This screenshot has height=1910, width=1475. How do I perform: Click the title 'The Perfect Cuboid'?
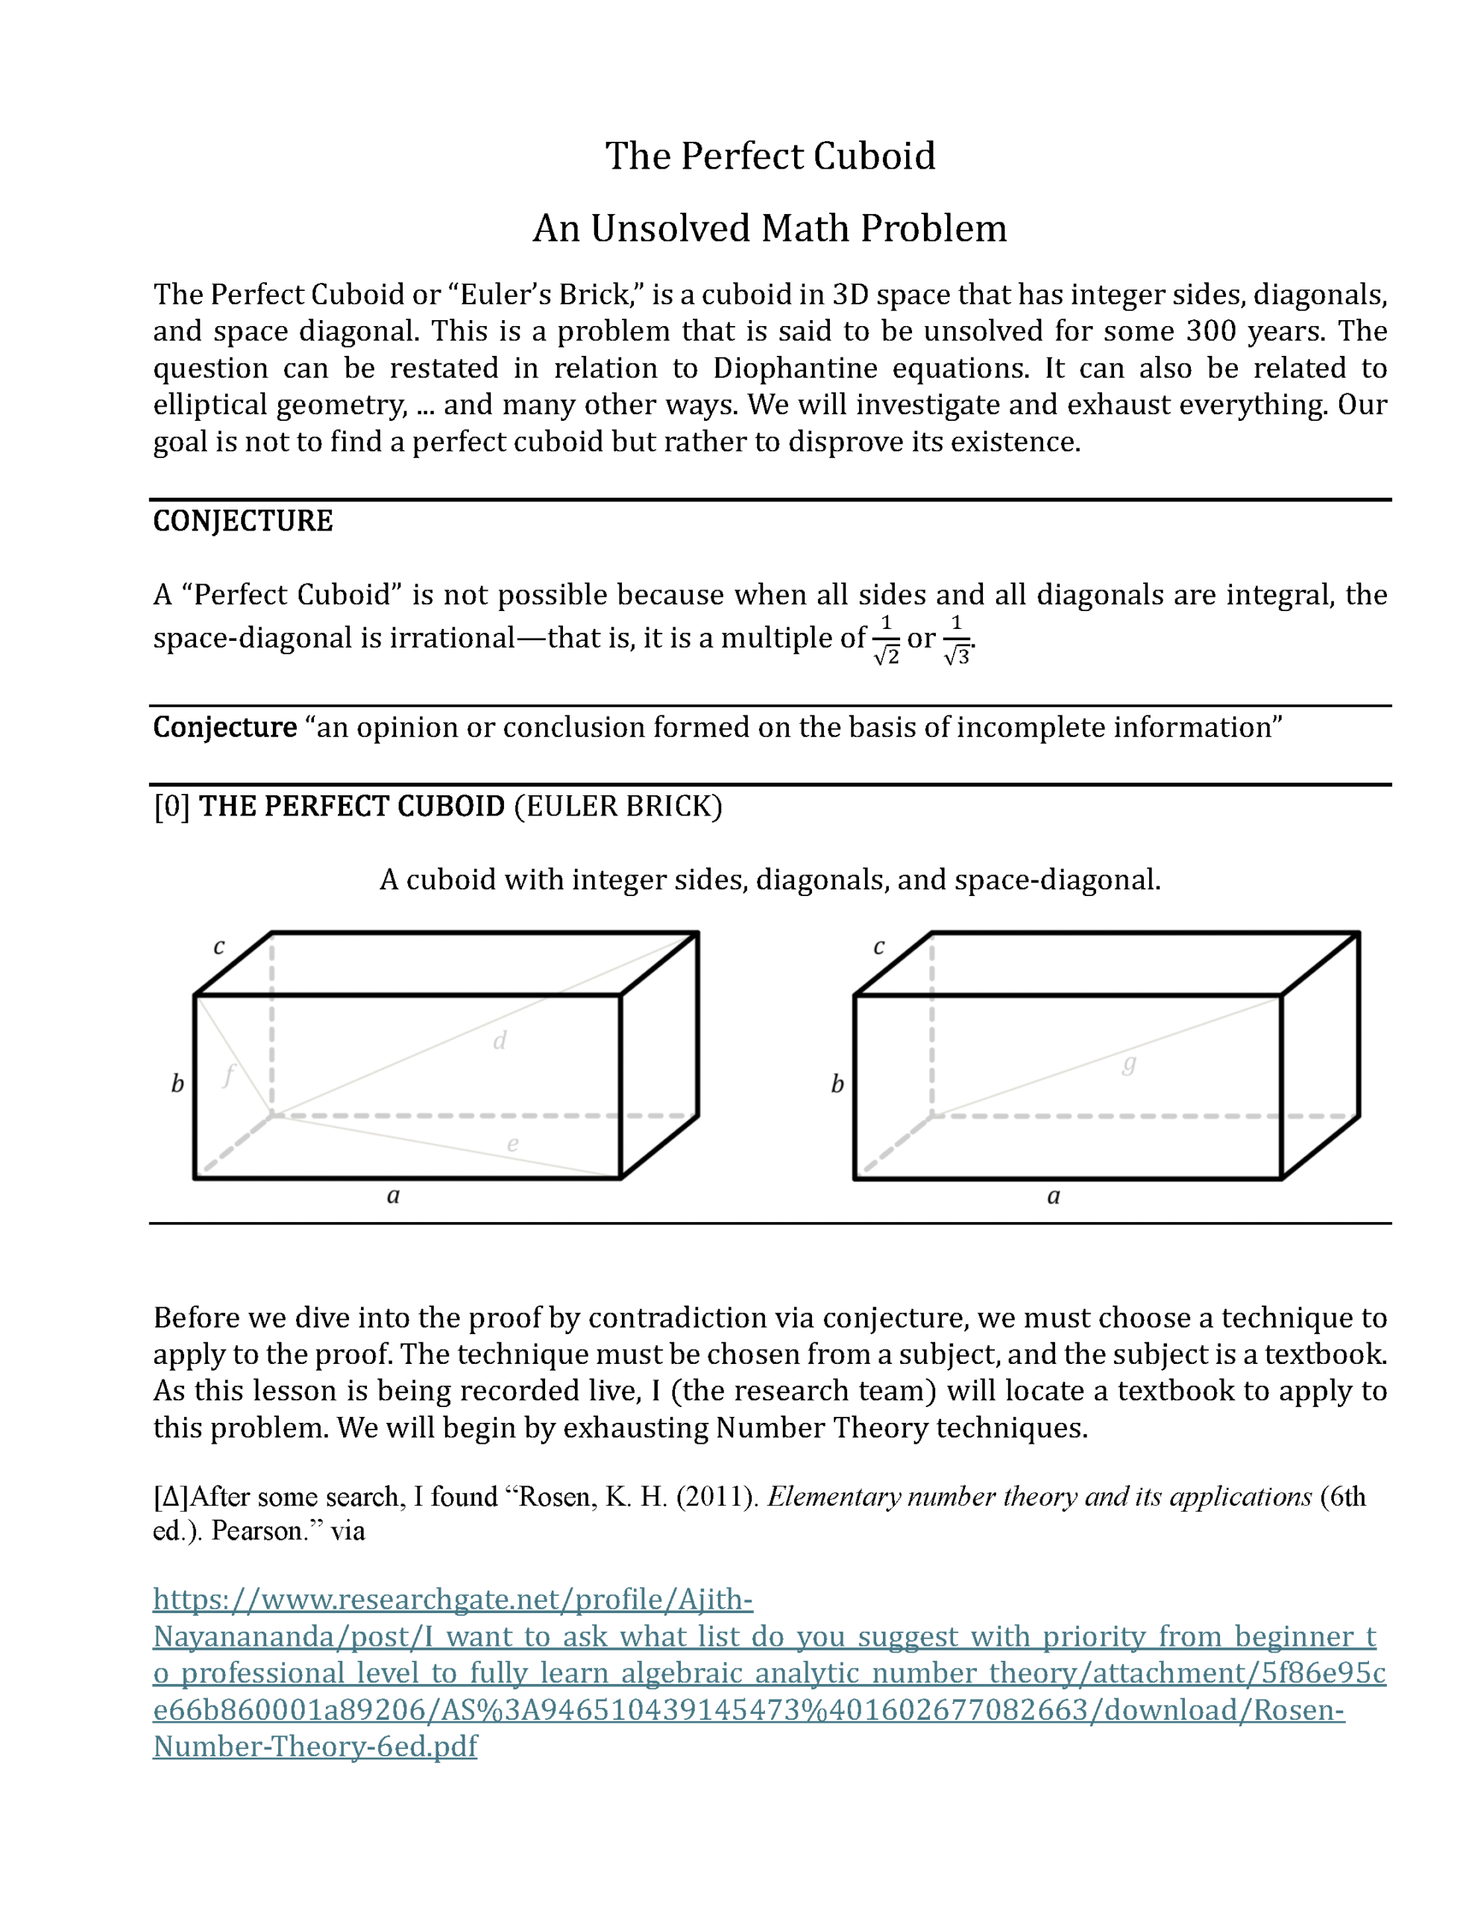pyautogui.click(x=770, y=157)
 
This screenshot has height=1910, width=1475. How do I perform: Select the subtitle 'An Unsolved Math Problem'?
pyautogui.click(x=770, y=228)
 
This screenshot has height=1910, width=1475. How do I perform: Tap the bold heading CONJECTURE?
pyautogui.click(x=242, y=522)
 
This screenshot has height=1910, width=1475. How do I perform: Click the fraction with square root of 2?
pyautogui.click(x=886, y=640)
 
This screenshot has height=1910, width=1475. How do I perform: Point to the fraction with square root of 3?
pyautogui.click(x=957, y=640)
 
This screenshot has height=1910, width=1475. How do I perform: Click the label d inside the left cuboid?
pyautogui.click(x=499, y=1041)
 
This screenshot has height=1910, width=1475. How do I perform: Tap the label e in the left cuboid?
pyautogui.click(x=512, y=1143)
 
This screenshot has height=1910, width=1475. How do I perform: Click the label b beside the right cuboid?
pyautogui.click(x=837, y=1084)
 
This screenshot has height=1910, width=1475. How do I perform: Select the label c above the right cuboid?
pyautogui.click(x=878, y=946)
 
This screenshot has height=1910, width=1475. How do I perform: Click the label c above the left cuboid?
pyautogui.click(x=218, y=946)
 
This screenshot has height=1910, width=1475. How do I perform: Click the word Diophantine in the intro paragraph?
pyautogui.click(x=795, y=368)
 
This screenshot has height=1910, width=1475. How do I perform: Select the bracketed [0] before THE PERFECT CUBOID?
pyautogui.click(x=172, y=807)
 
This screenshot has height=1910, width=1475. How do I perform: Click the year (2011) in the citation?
pyautogui.click(x=717, y=1497)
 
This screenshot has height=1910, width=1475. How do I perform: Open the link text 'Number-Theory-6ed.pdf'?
pyautogui.click(x=315, y=1746)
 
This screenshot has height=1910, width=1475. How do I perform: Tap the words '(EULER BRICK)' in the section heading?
pyautogui.click(x=618, y=807)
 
